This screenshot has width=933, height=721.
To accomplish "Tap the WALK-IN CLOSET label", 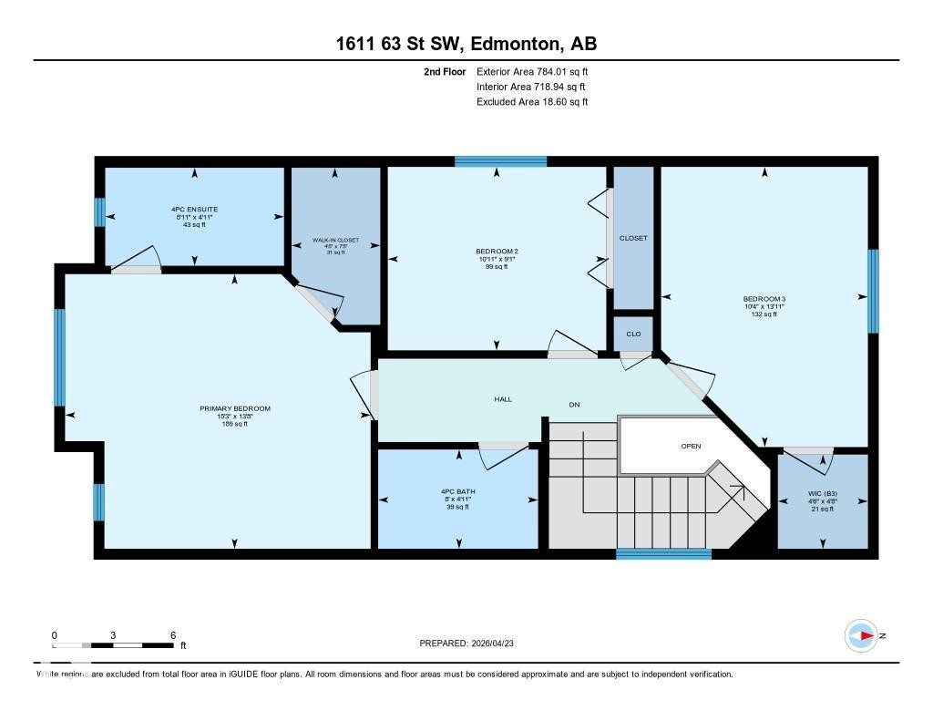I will [x=335, y=241].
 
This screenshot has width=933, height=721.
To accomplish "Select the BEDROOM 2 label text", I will [x=497, y=252].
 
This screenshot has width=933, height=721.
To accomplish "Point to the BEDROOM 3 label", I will [x=764, y=299].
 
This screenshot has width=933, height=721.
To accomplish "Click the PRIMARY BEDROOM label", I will [x=235, y=408].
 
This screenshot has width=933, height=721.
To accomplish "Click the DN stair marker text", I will [x=574, y=404].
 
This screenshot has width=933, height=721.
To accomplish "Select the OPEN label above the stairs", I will [x=691, y=447].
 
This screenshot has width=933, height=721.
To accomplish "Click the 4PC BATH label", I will [x=457, y=491].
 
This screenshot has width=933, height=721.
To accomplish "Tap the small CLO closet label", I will [x=633, y=334].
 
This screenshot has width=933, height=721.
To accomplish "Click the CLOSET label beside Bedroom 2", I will [x=633, y=238].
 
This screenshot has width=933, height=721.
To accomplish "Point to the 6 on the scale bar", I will [x=172, y=634].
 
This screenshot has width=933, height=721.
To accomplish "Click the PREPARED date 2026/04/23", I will [x=473, y=644].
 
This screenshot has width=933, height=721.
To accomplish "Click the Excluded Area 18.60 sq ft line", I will [x=532, y=102].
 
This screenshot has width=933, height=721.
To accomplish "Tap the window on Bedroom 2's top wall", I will [x=500, y=161].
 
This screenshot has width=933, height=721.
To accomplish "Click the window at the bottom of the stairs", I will [x=663, y=553].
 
